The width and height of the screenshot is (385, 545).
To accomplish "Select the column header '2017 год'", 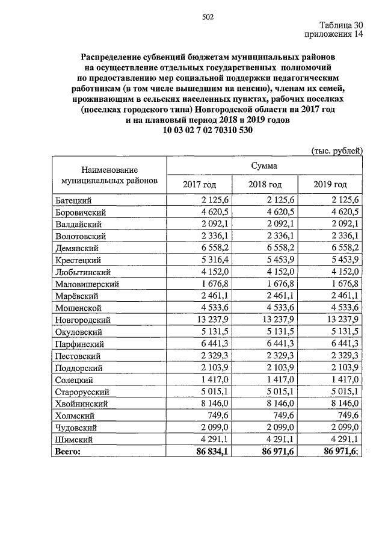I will (199, 184).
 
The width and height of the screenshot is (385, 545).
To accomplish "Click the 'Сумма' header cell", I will (264, 164).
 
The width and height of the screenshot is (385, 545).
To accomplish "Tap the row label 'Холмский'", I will (75, 416).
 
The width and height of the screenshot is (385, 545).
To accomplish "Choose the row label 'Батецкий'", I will (75, 200).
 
